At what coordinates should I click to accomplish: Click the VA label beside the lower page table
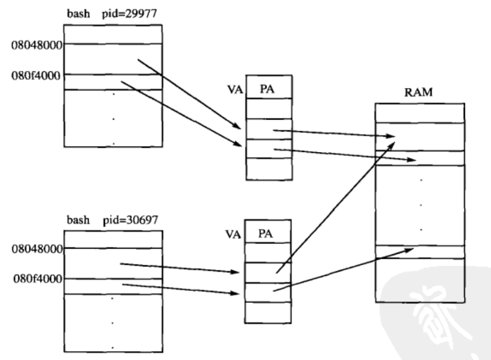tap(233, 234)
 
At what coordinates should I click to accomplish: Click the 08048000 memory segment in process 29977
tap(112, 59)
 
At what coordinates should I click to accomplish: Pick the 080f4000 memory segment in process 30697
tap(112, 286)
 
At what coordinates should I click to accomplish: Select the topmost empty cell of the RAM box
tap(420, 113)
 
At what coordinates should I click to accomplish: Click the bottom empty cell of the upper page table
tap(268, 168)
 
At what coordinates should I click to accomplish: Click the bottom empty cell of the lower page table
tap(268, 312)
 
